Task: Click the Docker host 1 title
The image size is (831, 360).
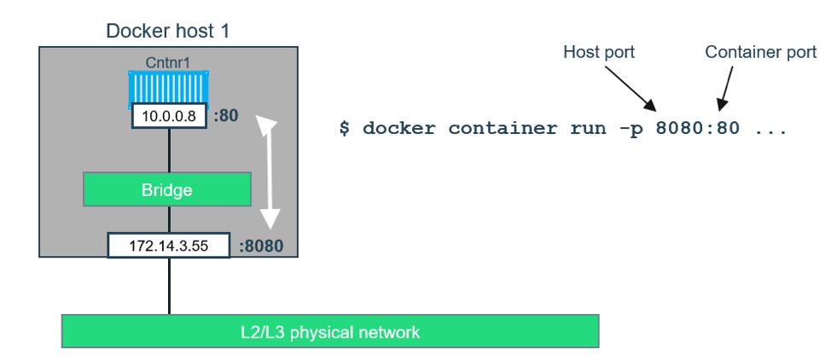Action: (x=167, y=32)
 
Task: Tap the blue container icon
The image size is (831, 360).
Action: (x=169, y=88)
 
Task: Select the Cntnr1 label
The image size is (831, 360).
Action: (x=168, y=62)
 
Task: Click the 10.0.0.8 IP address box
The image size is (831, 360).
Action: (x=169, y=116)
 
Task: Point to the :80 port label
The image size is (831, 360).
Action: (x=225, y=116)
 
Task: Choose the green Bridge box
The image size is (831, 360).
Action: (x=167, y=189)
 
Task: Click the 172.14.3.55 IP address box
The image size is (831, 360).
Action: (x=169, y=246)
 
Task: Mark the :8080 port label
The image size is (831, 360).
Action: (x=261, y=247)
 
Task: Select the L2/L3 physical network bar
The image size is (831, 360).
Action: (x=330, y=331)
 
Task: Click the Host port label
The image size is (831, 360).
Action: (x=599, y=52)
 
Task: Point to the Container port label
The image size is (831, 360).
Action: (x=760, y=52)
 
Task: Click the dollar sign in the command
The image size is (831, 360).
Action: (x=344, y=129)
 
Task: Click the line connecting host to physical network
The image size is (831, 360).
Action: (x=169, y=286)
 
